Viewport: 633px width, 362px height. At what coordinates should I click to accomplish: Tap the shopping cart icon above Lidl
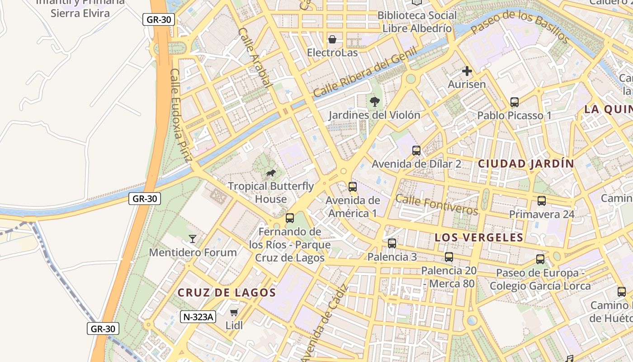point(234,312)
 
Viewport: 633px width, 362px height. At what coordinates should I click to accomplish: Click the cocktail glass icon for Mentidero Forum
point(193,238)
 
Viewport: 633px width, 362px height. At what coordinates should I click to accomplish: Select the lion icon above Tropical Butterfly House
point(271,173)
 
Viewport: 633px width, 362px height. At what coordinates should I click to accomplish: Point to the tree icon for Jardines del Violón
point(374,101)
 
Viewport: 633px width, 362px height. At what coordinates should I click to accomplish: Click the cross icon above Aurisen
point(467,71)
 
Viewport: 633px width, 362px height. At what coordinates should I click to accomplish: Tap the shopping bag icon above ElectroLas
point(332,39)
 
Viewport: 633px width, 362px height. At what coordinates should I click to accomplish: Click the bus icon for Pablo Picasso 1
point(514,102)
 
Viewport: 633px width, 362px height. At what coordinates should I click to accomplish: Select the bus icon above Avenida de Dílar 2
point(416,151)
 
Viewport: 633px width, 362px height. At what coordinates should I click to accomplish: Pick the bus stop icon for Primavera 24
point(541,201)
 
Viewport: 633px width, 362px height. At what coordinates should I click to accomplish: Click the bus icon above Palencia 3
point(392,243)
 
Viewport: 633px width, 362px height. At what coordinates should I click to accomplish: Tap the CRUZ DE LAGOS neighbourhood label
point(227,293)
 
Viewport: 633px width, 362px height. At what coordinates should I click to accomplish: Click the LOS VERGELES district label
point(479,238)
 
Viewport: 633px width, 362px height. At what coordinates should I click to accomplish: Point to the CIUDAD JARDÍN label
point(526,164)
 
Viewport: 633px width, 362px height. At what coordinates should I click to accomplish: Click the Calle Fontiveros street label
point(436,205)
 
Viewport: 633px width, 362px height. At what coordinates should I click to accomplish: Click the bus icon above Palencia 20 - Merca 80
point(449,257)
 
